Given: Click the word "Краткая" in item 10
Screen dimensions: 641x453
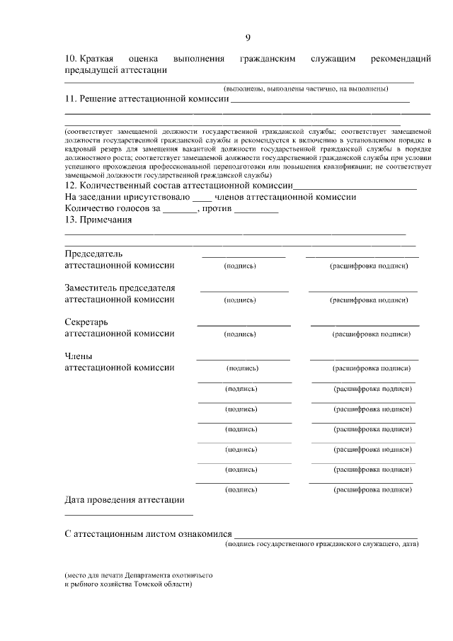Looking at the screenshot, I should pyautogui.click(x=98, y=58).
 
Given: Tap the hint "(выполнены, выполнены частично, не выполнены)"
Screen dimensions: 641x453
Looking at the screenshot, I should pyautogui.click(x=306, y=89).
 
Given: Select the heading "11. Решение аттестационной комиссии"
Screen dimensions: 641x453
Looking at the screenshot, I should pyautogui.click(x=147, y=99).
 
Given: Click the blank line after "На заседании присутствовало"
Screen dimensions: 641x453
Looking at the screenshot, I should pyautogui.click(x=202, y=198).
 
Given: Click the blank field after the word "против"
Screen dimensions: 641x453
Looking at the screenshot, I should pyautogui.click(x=256, y=210).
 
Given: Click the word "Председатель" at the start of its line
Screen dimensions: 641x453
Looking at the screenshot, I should pyautogui.click(x=94, y=253).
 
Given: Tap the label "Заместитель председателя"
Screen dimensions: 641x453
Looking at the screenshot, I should pyautogui.click(x=120, y=288).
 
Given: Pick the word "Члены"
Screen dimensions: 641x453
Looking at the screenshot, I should pyautogui.click(x=79, y=356).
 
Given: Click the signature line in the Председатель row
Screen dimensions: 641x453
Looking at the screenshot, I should pyautogui.click(x=243, y=256).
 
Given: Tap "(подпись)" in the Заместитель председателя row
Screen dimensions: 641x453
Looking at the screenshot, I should pyautogui.click(x=240, y=300).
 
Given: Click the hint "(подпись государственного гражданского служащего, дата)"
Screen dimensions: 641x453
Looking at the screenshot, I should pyautogui.click(x=322, y=545).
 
